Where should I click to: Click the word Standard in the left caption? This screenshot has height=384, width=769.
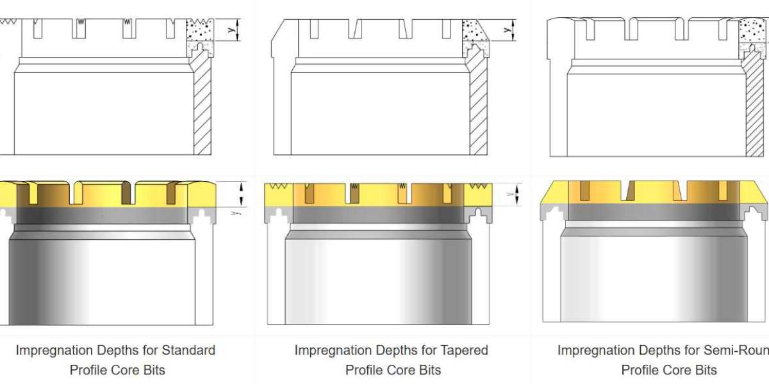click(188, 350)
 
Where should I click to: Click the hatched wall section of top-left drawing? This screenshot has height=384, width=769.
click(203, 109)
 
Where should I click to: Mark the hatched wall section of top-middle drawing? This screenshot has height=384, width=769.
click(478, 109)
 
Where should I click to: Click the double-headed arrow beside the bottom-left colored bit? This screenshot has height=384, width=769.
click(241, 190)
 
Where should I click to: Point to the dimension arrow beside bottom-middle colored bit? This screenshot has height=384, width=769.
click(517, 194)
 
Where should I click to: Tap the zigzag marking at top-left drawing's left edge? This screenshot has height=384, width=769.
click(8, 21)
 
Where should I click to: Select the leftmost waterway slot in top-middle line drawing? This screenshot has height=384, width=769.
click(313, 28)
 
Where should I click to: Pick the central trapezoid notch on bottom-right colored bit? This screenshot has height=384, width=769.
click(628, 191)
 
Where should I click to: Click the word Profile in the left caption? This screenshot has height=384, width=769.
click(90, 370)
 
